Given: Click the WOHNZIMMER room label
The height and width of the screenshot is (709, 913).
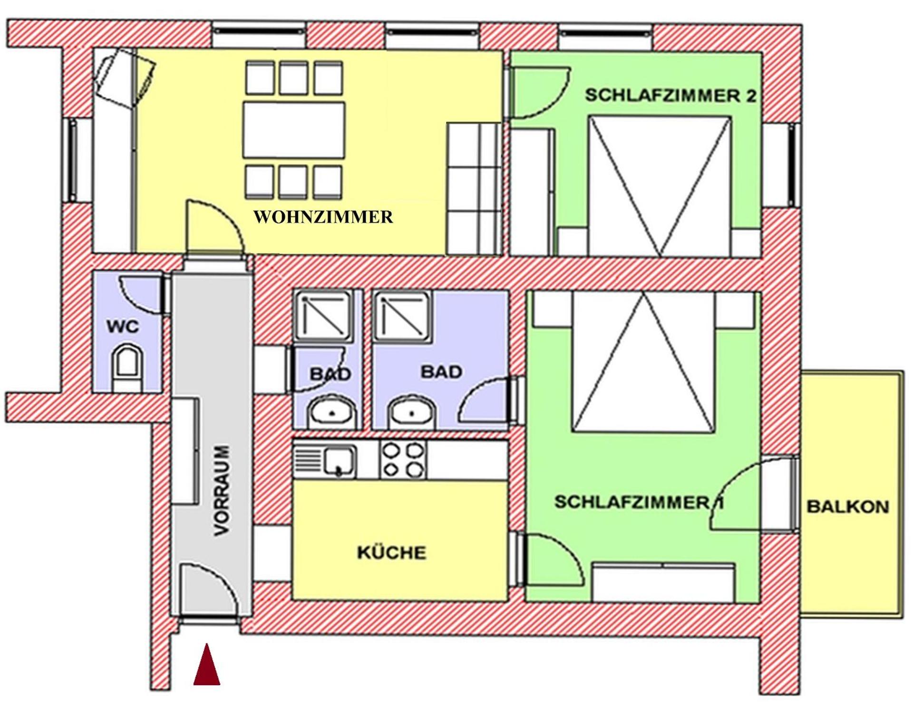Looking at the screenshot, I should (323, 217).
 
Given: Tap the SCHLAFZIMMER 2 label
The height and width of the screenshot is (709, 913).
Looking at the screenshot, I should (670, 95).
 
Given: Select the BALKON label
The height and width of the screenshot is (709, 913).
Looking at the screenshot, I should (848, 507).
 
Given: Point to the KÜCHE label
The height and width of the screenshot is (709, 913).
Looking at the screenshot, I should (391, 553).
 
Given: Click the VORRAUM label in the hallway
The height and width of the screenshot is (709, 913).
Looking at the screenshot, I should (223, 491).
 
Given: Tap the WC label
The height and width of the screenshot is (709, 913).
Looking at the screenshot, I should (123, 327).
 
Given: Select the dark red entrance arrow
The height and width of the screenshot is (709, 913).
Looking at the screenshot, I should (207, 666).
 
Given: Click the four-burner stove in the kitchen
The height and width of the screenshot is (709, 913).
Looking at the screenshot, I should (403, 459).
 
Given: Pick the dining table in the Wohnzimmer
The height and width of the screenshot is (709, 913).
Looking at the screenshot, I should (294, 129).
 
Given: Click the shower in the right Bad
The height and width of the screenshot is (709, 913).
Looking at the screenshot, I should (403, 314).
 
